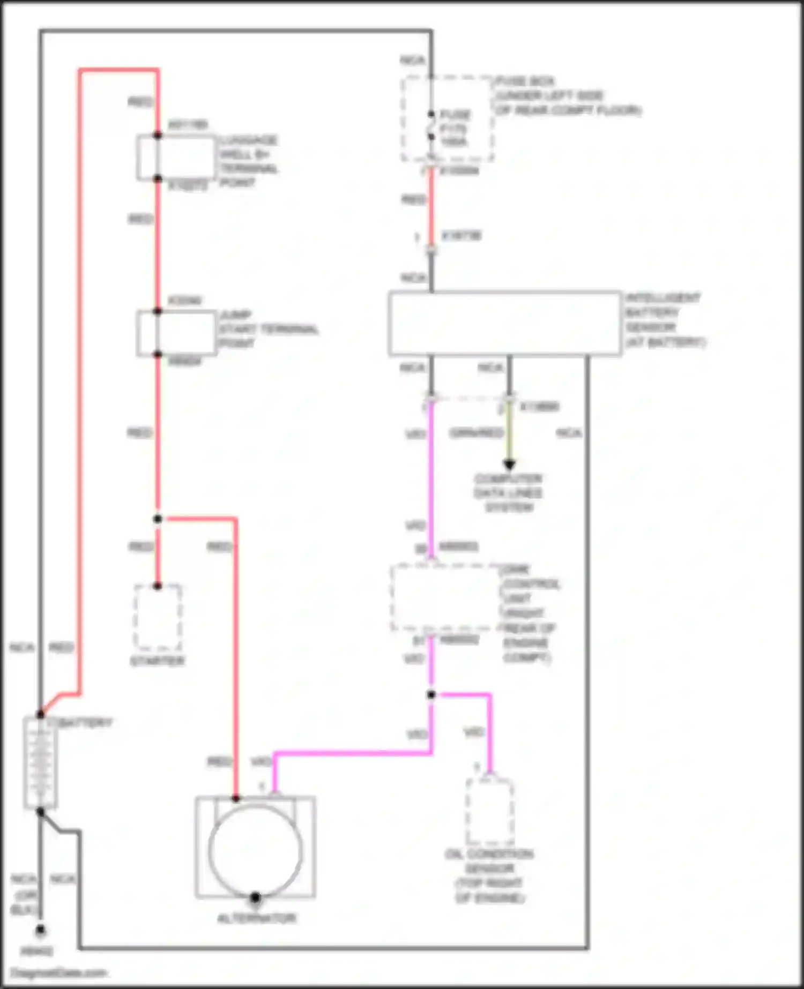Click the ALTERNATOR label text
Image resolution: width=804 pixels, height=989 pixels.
256,918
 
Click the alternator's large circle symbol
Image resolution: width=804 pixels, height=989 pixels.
256,850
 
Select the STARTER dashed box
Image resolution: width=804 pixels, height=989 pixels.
158,617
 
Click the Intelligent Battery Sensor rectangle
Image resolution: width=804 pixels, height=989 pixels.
504,323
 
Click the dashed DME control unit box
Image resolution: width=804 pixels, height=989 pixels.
445,597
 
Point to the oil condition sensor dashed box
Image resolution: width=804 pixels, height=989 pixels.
490,812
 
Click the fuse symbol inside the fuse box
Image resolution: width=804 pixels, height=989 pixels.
431,126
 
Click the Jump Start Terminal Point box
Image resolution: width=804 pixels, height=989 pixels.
177,333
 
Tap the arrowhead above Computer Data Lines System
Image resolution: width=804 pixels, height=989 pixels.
509,464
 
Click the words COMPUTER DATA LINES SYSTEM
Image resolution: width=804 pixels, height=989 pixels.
508,493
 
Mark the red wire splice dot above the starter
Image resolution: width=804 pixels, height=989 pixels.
158,519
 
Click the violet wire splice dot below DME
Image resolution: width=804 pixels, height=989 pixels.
431,695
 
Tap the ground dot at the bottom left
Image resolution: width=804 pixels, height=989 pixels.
40,931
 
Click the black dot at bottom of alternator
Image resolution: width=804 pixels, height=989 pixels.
256,897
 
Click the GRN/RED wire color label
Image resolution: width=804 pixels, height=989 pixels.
476,433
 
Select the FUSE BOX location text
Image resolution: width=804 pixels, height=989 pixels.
567,96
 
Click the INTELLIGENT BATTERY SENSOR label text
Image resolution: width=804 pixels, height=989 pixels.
665,320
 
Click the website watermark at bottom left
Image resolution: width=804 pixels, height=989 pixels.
59,973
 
